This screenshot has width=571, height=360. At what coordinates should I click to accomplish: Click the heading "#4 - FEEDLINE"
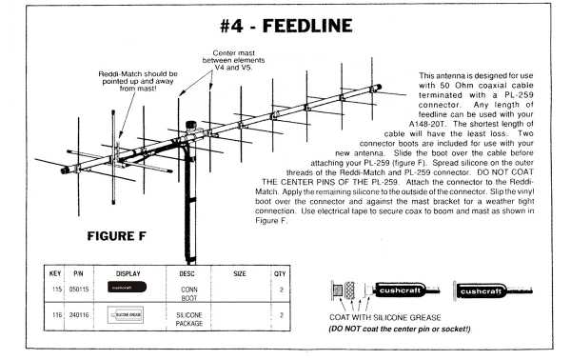point(285,24)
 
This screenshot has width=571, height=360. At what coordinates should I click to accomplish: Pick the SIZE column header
point(239,271)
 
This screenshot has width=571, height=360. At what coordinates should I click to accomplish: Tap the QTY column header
point(280,271)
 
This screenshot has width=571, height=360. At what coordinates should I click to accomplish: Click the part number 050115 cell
point(79,287)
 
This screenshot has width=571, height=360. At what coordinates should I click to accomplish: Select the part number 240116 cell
point(79,312)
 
